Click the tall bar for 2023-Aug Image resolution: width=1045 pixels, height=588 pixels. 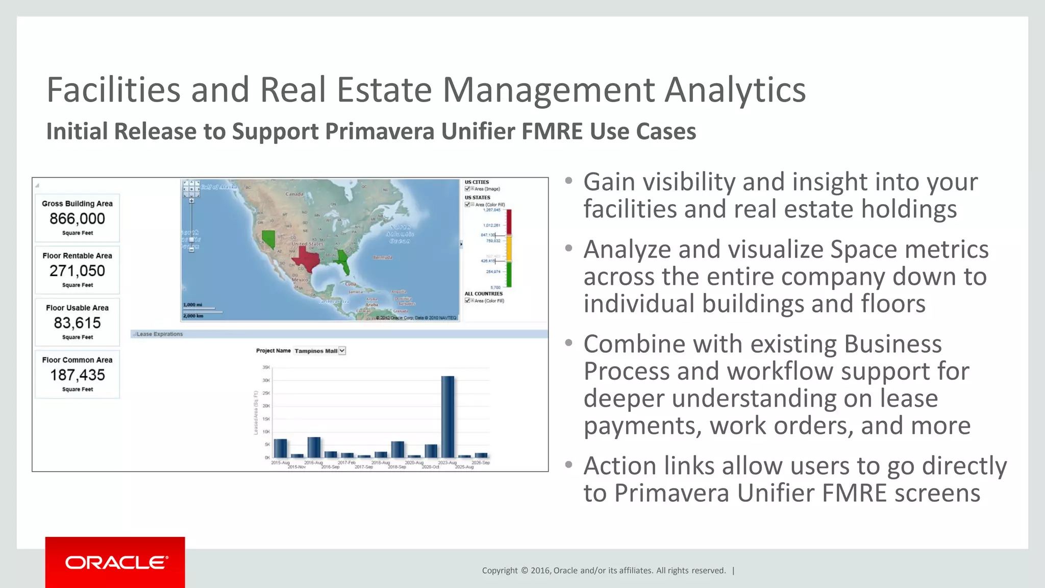tap(447, 416)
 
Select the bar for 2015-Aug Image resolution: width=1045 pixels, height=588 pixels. tap(280, 448)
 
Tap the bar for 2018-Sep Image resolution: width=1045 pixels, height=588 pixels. tap(397, 449)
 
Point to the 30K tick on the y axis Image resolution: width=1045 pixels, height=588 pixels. tap(266, 380)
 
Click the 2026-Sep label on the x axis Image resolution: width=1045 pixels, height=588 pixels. tap(481, 462)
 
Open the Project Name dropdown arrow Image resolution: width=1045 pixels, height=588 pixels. tap(342, 351)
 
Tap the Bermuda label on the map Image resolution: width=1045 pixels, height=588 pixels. tap(382, 258)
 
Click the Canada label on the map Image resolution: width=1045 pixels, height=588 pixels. tap(294, 194)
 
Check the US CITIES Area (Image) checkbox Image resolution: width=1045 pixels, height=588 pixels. tap(467, 189)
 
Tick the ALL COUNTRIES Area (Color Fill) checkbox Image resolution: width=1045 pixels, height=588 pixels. tap(467, 301)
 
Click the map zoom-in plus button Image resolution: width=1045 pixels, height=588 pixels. tap(192, 201)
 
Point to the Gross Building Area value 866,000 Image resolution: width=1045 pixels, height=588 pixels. tap(77, 218)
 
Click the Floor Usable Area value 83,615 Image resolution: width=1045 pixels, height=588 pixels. tap(77, 323)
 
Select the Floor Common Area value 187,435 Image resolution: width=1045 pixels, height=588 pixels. tap(77, 375)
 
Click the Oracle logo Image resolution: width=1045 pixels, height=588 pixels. tap(116, 562)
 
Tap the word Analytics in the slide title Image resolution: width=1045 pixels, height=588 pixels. tap(735, 90)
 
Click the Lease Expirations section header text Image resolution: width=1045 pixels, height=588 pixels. tap(160, 334)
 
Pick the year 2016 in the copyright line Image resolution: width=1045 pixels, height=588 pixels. tap(540, 571)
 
